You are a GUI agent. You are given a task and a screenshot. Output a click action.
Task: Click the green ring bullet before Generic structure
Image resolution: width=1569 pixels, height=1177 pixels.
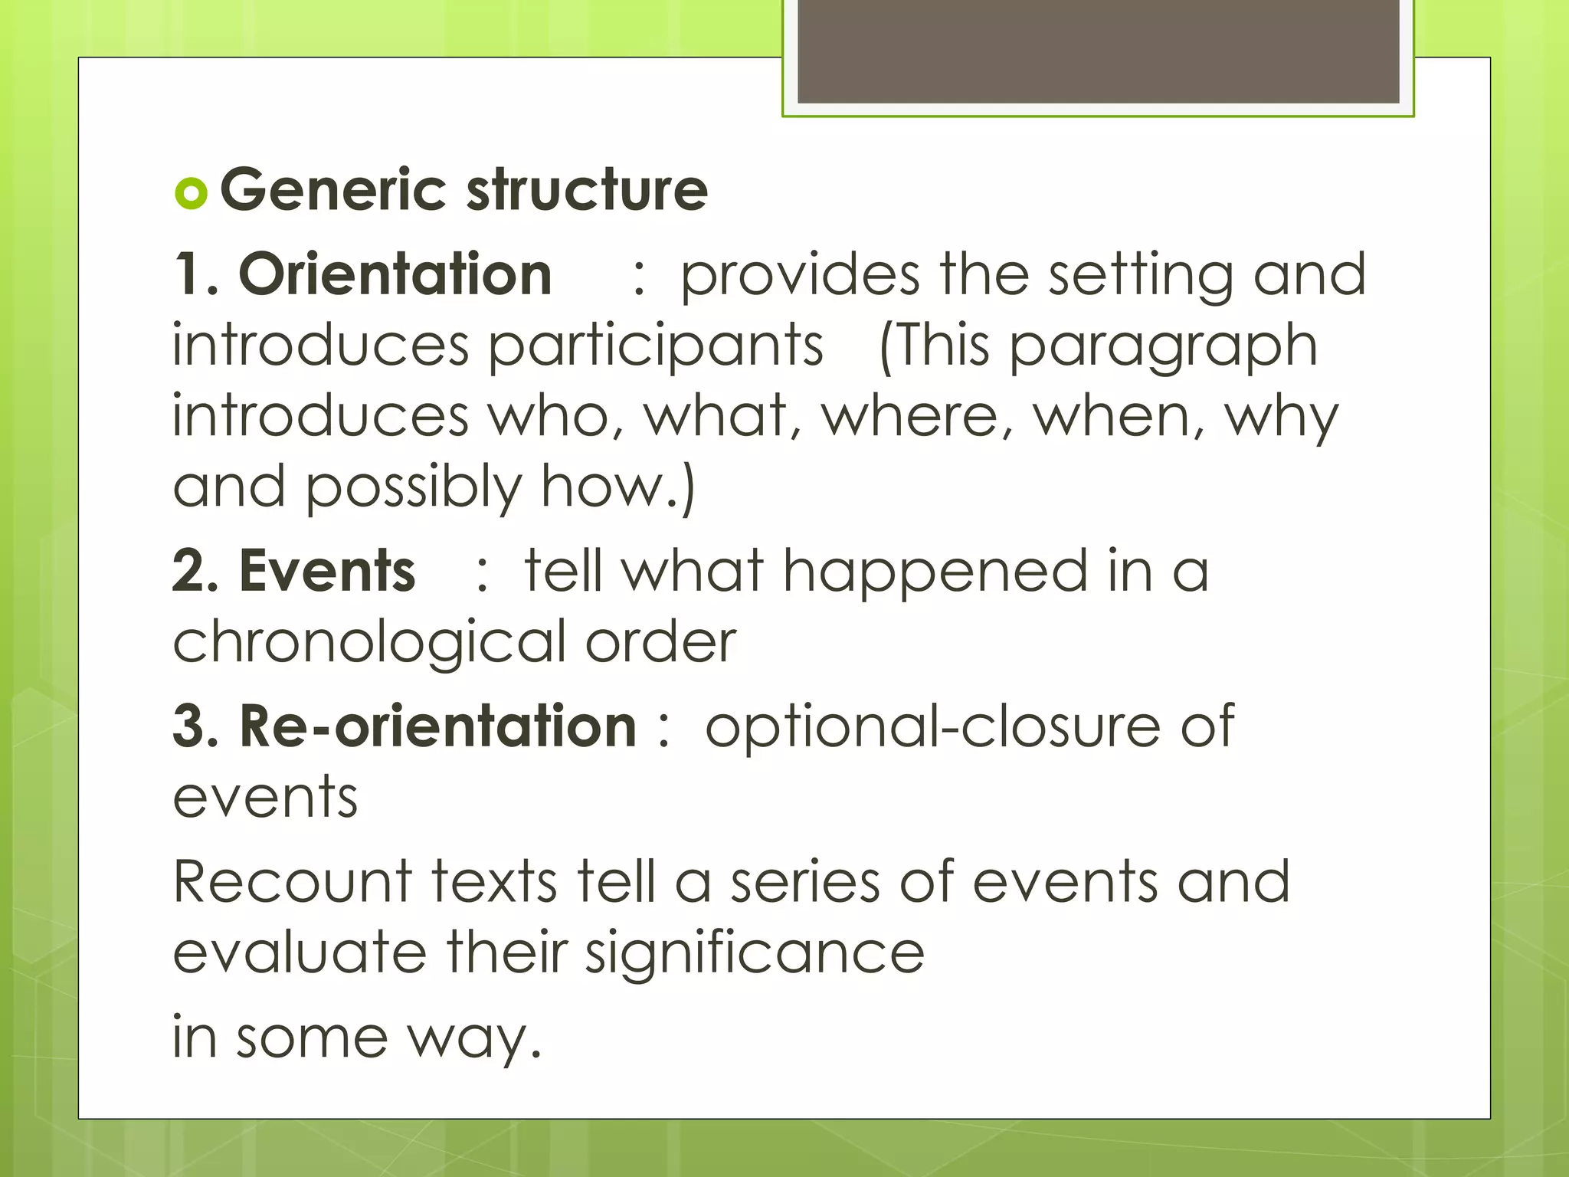point(192,193)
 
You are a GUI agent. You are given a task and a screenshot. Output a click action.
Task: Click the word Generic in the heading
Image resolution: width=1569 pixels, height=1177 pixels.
point(332,190)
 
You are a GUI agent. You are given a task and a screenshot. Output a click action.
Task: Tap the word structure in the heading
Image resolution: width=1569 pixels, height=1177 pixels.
point(587,190)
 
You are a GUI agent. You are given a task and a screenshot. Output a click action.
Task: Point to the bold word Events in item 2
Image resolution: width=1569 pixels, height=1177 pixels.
point(327,571)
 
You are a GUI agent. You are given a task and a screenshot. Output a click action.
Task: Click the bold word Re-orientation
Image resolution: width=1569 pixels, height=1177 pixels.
point(437,726)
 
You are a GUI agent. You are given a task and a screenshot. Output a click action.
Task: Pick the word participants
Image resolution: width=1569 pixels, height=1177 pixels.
point(656,346)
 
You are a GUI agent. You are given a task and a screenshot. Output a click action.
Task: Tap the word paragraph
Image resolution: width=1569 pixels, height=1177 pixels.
point(1163,346)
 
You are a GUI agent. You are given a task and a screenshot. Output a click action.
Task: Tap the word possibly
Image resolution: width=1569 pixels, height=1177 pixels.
point(414,487)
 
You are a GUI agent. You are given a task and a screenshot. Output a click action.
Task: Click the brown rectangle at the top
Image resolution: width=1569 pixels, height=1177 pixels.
point(1098,51)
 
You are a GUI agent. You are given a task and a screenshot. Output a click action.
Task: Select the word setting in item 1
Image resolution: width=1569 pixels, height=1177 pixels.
point(1141,275)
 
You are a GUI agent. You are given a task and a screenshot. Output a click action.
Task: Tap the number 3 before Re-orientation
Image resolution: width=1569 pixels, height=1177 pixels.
point(188,726)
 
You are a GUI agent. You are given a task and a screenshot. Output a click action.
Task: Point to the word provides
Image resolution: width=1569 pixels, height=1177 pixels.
point(800,275)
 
